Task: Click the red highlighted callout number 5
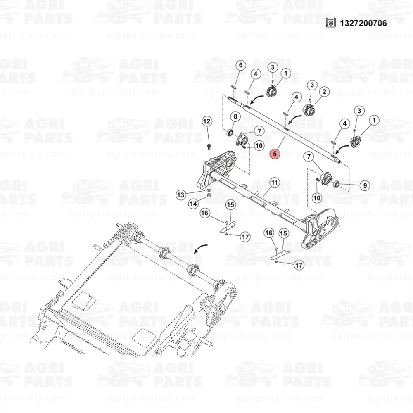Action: point(275,154)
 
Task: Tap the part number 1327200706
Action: point(363,23)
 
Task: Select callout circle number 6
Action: point(240,65)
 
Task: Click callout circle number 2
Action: point(324,92)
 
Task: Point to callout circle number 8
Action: point(235,116)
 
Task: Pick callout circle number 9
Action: point(365,185)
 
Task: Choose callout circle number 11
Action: point(275,183)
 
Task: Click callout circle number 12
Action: point(207,121)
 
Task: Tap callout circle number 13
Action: point(181,195)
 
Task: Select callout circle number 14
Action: point(194,204)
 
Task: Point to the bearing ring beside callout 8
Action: point(230,132)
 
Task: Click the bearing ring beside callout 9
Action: point(337,184)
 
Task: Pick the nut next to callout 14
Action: point(209,195)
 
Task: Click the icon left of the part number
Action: point(331,23)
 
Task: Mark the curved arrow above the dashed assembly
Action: point(200,248)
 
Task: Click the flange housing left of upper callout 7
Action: point(242,139)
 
